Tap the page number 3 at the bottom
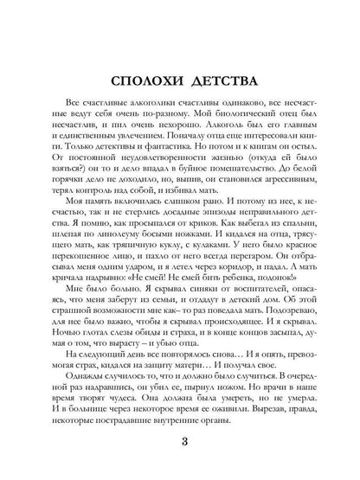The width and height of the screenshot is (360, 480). tap(178, 444)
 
